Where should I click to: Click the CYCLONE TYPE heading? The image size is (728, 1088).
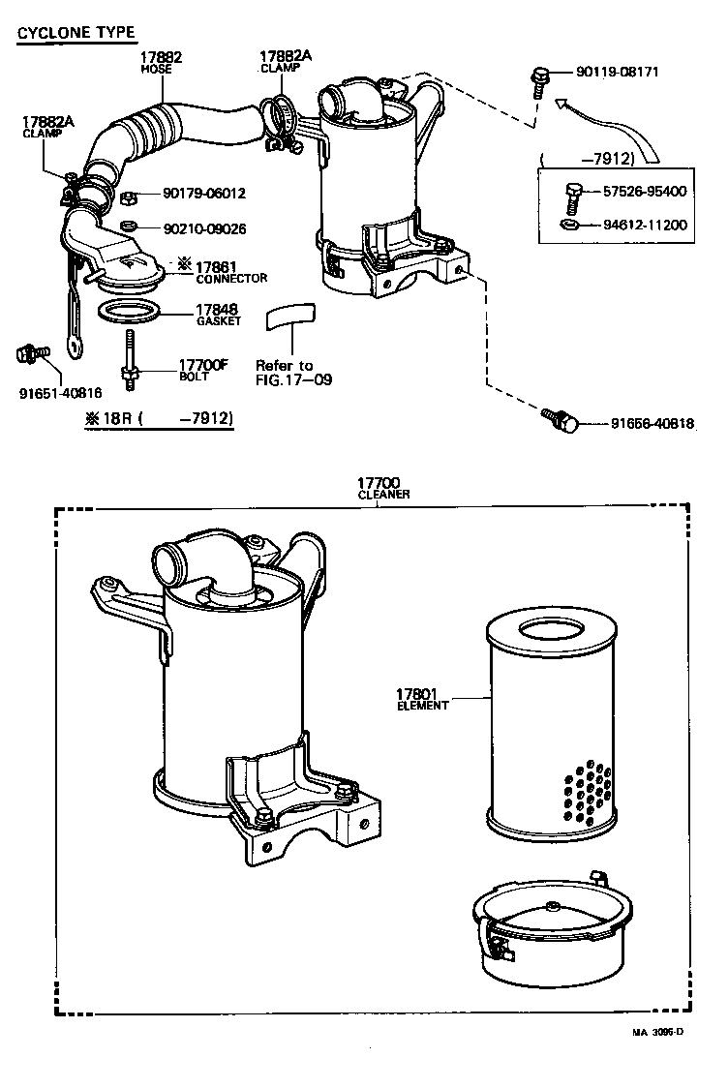76,34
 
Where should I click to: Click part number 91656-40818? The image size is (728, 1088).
652,423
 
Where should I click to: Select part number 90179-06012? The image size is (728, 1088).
204,194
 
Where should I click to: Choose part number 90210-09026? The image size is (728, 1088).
204,229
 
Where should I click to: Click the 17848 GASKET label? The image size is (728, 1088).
219,315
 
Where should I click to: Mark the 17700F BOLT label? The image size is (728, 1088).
202,370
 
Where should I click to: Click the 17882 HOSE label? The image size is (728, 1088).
161,63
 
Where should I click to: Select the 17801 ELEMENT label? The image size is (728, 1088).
422,699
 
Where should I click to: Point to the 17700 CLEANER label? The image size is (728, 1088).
383,487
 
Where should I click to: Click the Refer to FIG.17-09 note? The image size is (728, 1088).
293,372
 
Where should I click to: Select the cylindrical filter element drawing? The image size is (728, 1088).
549,726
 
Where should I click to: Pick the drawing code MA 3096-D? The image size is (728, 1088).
658,1032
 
